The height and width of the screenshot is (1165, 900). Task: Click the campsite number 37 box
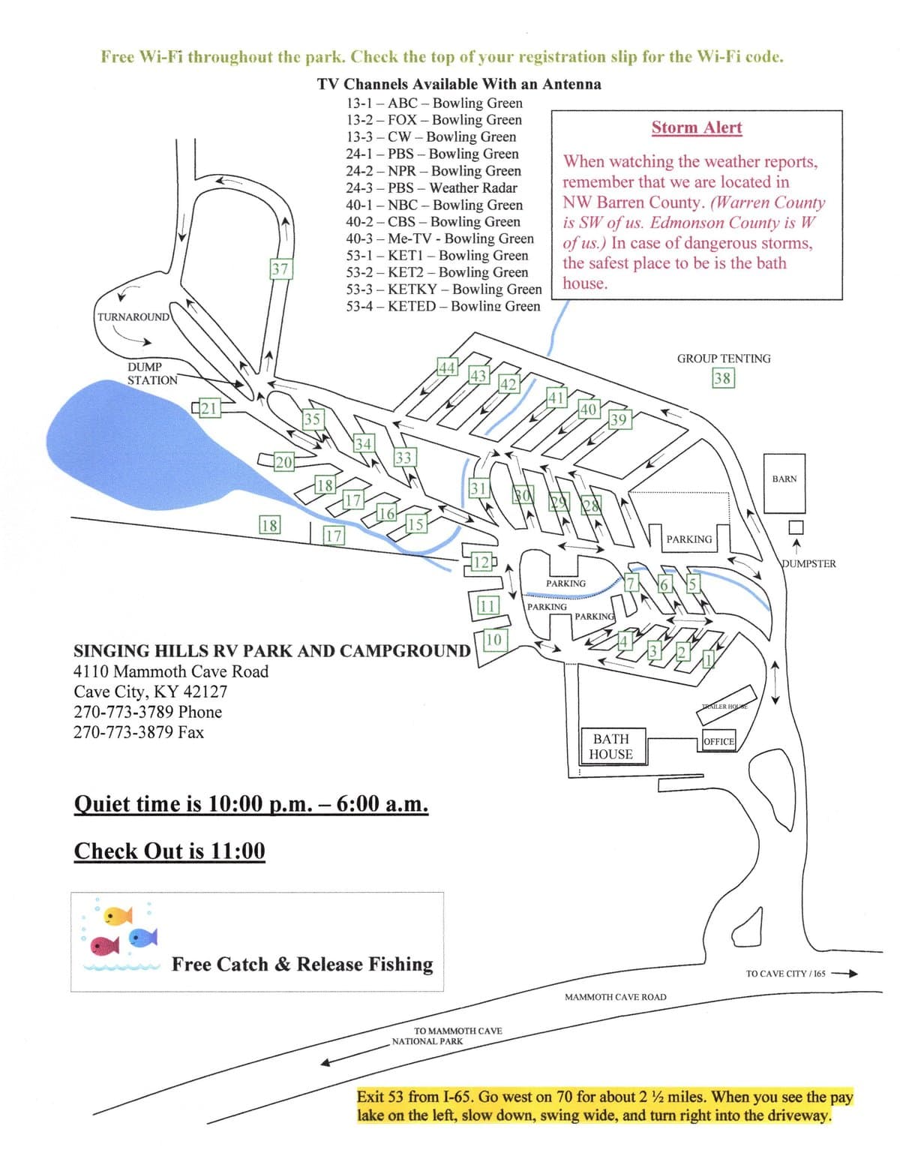280,269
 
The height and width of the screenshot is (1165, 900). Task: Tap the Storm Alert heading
696,128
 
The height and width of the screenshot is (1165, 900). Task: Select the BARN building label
784,479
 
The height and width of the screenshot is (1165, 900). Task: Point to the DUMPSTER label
808,563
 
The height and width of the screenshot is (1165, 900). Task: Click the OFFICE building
718,741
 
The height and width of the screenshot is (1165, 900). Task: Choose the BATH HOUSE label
610,746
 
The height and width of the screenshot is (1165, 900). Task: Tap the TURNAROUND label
133,317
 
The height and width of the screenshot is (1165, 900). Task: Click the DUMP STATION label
152,374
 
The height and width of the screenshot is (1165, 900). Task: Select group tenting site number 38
723,378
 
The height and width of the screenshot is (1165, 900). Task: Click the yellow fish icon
118,915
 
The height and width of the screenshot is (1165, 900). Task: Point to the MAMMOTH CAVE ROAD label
615,997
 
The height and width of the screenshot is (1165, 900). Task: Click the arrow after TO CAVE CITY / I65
844,974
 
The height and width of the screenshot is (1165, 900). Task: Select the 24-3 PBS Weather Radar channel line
431,188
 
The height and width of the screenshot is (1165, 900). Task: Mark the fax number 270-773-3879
139,732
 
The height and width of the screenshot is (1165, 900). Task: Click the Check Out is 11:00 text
169,851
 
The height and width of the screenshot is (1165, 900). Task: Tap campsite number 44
448,367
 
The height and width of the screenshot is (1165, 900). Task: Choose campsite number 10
493,639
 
